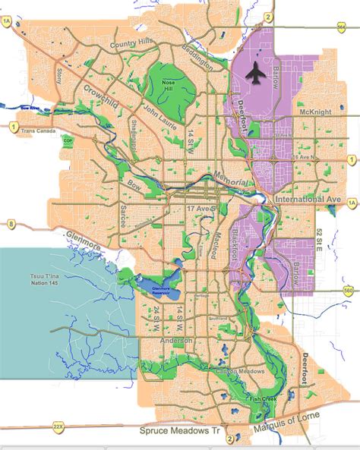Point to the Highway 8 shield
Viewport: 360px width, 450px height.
[x=11, y=225]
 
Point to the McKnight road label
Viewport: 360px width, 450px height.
[x=315, y=112]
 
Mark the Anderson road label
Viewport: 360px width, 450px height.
[x=176, y=341]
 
